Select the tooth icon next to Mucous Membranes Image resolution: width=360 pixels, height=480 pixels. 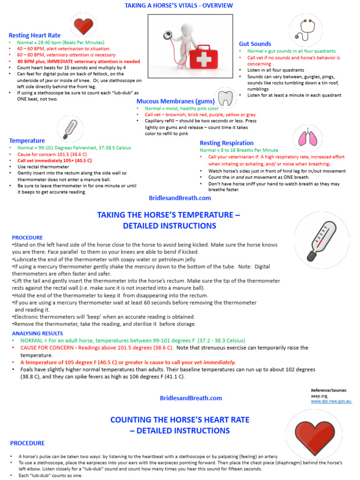click(226, 99)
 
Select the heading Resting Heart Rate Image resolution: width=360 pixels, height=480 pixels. click(35, 35)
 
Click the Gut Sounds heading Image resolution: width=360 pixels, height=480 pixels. click(255, 44)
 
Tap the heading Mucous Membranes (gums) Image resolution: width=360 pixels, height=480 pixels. click(176, 101)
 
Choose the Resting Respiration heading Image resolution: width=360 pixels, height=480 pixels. click(226, 143)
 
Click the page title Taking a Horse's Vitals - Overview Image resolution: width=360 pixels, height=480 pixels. click(179, 6)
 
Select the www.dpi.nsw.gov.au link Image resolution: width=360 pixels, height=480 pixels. click(331, 401)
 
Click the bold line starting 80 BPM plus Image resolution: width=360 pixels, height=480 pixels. click(78, 61)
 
